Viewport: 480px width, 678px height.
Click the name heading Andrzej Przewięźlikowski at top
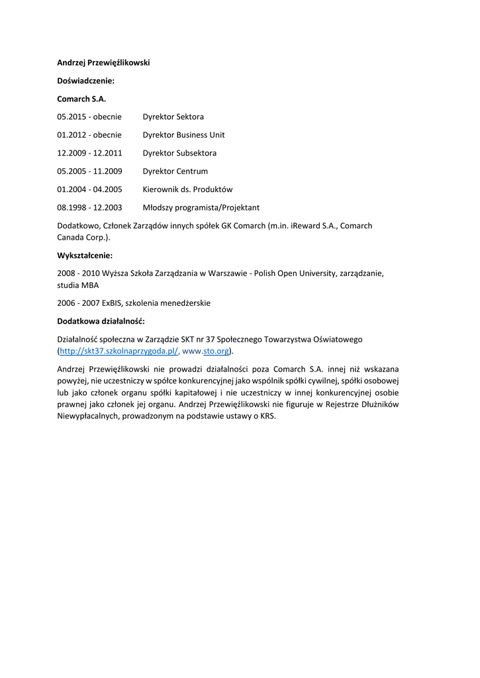click(x=103, y=62)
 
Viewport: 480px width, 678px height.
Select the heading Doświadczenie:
click(x=85, y=80)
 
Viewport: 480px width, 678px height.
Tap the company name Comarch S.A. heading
click(x=81, y=99)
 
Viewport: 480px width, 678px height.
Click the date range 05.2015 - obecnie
click(x=89, y=117)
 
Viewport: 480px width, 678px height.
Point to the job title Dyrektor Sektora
click(x=173, y=117)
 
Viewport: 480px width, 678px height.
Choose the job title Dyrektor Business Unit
click(x=183, y=134)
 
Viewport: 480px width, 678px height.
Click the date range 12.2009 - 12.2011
click(x=89, y=153)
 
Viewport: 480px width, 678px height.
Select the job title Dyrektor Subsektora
click(x=179, y=153)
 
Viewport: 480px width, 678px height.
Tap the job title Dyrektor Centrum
click(x=175, y=171)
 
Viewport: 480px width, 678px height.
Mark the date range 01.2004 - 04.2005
click(x=89, y=189)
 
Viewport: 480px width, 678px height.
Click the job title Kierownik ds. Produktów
click(x=187, y=189)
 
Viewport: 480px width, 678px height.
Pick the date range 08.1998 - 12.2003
click(x=89, y=207)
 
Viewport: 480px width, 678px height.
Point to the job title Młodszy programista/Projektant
click(x=201, y=207)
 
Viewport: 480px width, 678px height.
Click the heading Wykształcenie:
click(x=85, y=255)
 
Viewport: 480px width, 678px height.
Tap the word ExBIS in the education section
click(x=112, y=303)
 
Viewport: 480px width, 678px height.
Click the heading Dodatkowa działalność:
click(x=101, y=321)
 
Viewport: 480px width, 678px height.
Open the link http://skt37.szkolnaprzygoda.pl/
click(x=119, y=351)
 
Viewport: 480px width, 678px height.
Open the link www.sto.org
click(x=206, y=351)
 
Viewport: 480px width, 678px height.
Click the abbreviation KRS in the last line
click(x=267, y=416)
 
